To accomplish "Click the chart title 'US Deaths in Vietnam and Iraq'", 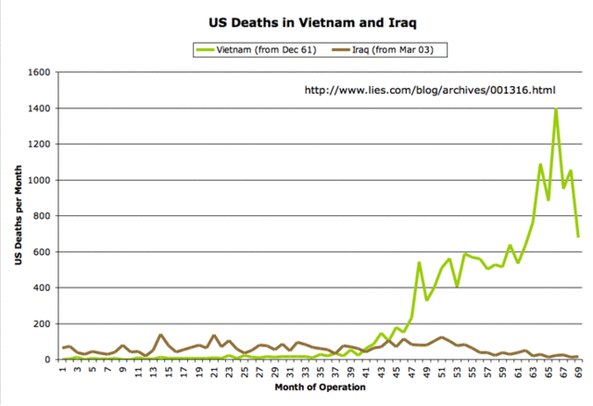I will click(296, 19).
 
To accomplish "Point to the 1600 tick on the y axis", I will click(40, 72).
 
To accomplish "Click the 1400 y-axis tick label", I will click(40, 108).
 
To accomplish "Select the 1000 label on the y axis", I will click(40, 180).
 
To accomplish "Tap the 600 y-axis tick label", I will click(43, 252).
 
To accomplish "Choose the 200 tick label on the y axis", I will click(43, 324).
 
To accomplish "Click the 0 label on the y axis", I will click(48, 360).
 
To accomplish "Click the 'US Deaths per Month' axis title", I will click(18, 216).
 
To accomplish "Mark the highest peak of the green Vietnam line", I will click(556, 109).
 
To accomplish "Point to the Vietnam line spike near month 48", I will click(419, 263).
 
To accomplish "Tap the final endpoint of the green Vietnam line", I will click(579, 236).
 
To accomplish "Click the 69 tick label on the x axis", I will click(578, 374).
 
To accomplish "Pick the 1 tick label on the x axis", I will click(62, 372).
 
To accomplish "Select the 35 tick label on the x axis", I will click(321, 374).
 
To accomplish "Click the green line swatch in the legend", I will click(205, 49).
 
